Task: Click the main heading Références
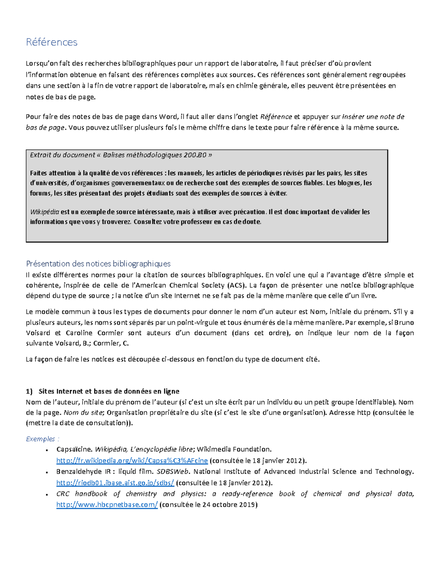51,42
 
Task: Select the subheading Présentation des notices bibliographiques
98,263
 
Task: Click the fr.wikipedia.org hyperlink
132,460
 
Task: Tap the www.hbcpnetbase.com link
107,505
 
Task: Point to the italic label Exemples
41,439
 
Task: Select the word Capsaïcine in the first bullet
74,449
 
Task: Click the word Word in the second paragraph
167,117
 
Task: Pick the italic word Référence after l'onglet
276,117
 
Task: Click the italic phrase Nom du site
83,412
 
